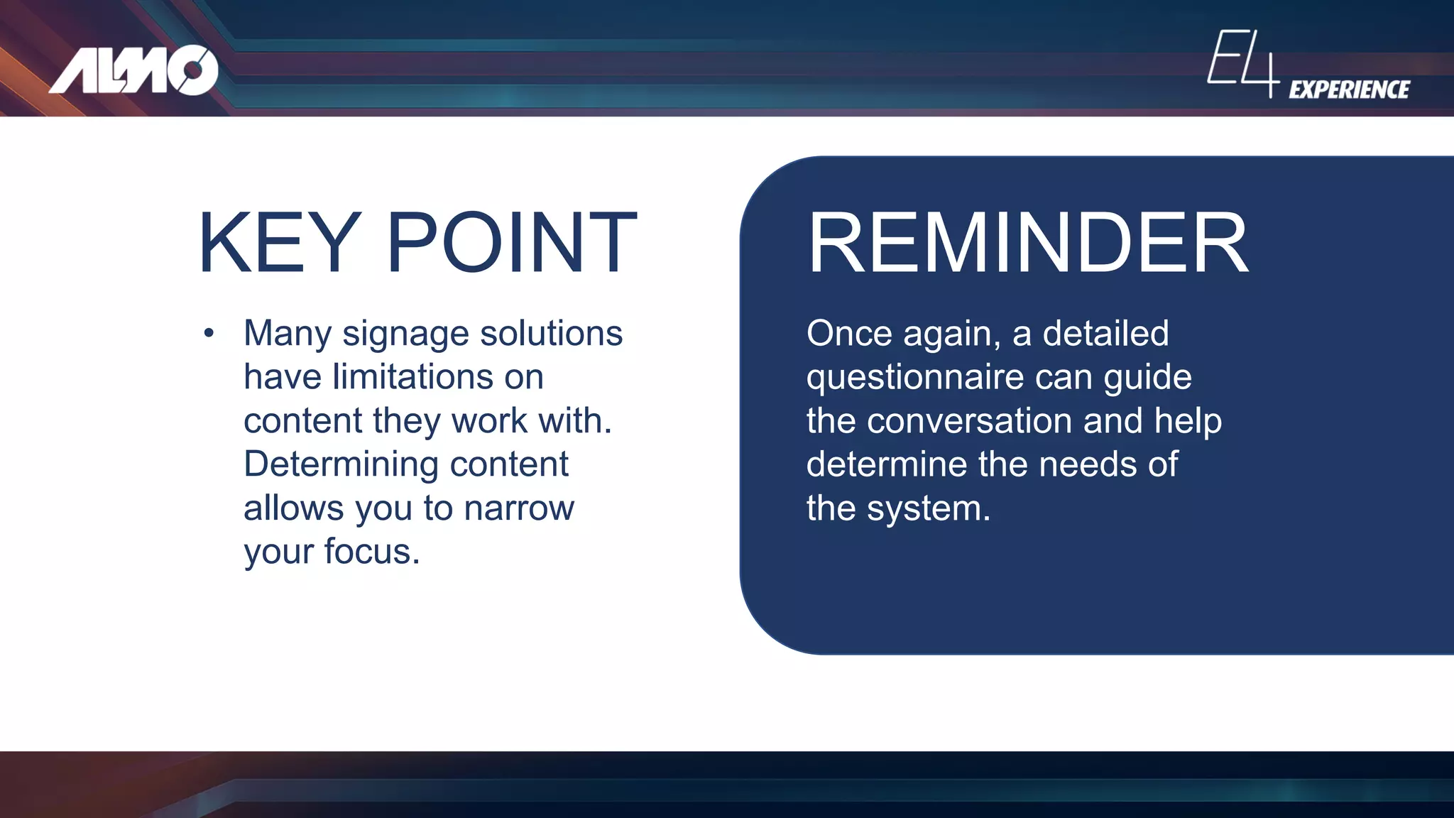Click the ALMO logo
(133, 70)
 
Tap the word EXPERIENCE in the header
(1349, 89)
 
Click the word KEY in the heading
(279, 243)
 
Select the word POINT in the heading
(511, 243)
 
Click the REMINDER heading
(1027, 243)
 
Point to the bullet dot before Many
(208, 333)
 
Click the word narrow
(518, 508)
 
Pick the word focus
(371, 552)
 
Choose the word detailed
(1105, 333)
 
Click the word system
(928, 508)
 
